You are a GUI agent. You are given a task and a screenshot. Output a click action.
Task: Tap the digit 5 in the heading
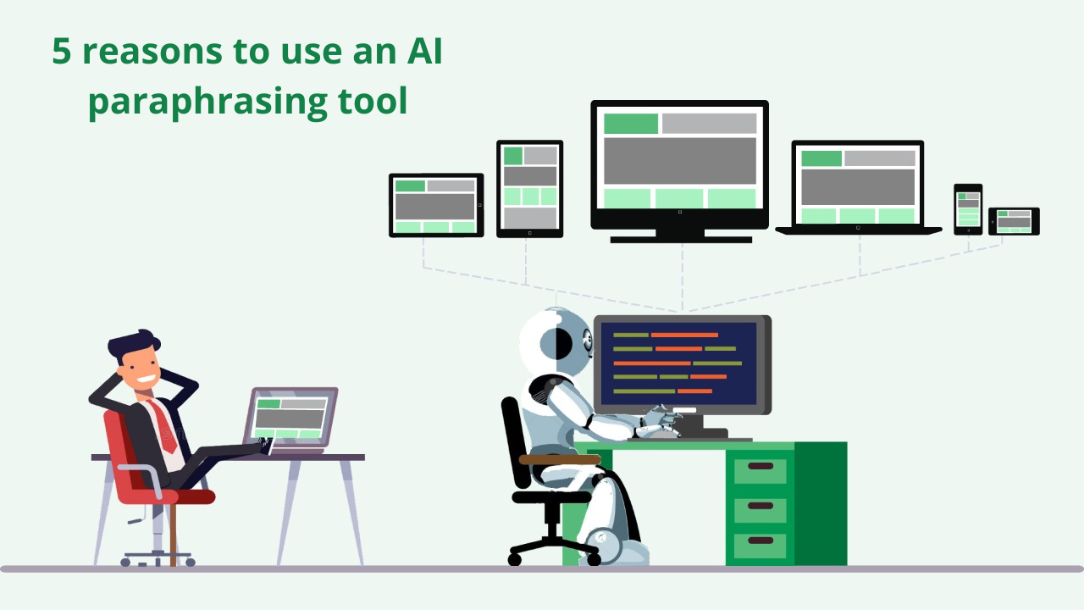point(62,51)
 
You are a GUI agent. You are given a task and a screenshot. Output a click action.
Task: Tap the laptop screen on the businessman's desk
point(290,419)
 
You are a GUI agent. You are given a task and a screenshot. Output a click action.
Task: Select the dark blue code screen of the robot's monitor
point(677,363)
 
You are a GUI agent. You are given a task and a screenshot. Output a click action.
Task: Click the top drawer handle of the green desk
point(760,466)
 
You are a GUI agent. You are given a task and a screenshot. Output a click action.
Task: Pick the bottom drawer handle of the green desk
point(760,541)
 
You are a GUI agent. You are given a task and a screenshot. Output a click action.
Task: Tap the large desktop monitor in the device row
point(680,171)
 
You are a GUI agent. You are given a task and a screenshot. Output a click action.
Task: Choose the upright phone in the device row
point(968,209)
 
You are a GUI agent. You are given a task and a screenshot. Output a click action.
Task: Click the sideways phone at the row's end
point(1014,221)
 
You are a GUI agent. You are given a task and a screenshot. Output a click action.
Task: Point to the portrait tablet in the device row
point(530,189)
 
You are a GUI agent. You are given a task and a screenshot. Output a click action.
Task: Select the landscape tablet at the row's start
point(436,205)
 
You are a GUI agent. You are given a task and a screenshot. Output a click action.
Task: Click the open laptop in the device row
point(858,188)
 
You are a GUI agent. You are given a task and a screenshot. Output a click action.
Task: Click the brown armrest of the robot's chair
point(560,459)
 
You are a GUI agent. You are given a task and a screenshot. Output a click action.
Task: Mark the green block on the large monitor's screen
point(631,124)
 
